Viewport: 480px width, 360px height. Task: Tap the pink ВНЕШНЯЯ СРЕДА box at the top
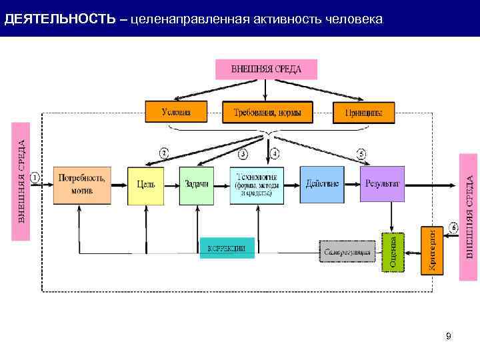click(x=266, y=69)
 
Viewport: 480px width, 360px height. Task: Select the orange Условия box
click(x=176, y=112)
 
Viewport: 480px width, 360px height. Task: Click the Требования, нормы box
click(x=267, y=113)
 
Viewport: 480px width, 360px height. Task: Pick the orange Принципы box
click(x=363, y=113)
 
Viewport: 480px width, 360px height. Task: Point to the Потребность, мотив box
click(x=81, y=184)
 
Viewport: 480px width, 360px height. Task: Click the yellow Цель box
click(x=146, y=184)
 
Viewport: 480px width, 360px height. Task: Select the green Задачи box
click(x=198, y=184)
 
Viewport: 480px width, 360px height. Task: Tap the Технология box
click(x=257, y=184)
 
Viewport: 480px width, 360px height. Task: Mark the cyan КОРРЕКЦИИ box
click(x=227, y=248)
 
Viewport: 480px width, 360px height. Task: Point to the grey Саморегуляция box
click(x=345, y=251)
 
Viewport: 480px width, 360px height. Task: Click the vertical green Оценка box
click(x=392, y=251)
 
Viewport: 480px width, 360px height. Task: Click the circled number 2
click(x=163, y=153)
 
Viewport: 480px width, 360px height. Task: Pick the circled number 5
click(x=361, y=154)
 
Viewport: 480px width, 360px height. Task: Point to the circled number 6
click(x=453, y=228)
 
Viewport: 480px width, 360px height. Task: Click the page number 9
click(x=449, y=336)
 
